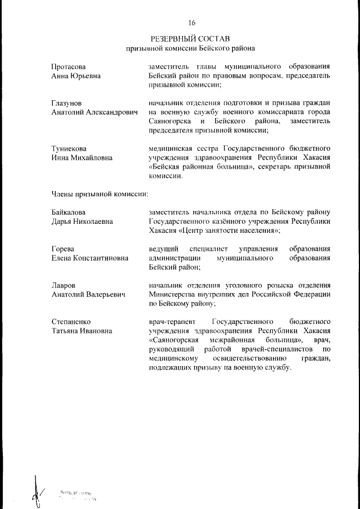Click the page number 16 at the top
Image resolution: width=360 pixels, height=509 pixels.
pos(191,23)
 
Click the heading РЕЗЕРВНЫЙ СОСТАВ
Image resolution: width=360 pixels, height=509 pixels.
pos(191,39)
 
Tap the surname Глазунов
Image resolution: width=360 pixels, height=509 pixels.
pos(66,103)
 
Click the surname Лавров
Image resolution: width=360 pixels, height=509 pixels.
pos(63,286)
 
